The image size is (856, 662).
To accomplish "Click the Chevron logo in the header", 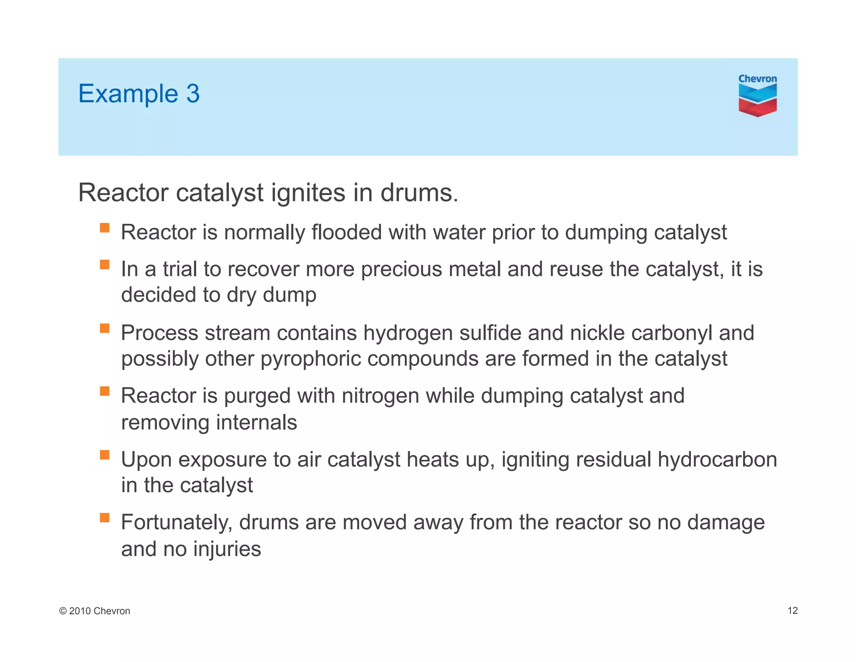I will click(x=757, y=96).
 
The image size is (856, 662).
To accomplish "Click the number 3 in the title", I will click(x=193, y=93).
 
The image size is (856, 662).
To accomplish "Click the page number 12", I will click(x=792, y=611).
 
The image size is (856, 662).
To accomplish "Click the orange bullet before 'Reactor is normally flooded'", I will click(x=104, y=228).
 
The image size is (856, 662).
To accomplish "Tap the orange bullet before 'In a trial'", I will click(x=104, y=264).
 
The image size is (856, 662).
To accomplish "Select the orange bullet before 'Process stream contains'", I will click(x=104, y=328).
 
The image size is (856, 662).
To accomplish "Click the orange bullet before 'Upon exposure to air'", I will click(x=104, y=455).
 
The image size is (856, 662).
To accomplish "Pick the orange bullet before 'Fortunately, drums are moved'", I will click(x=104, y=518).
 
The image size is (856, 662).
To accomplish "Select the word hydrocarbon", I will click(x=717, y=459).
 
